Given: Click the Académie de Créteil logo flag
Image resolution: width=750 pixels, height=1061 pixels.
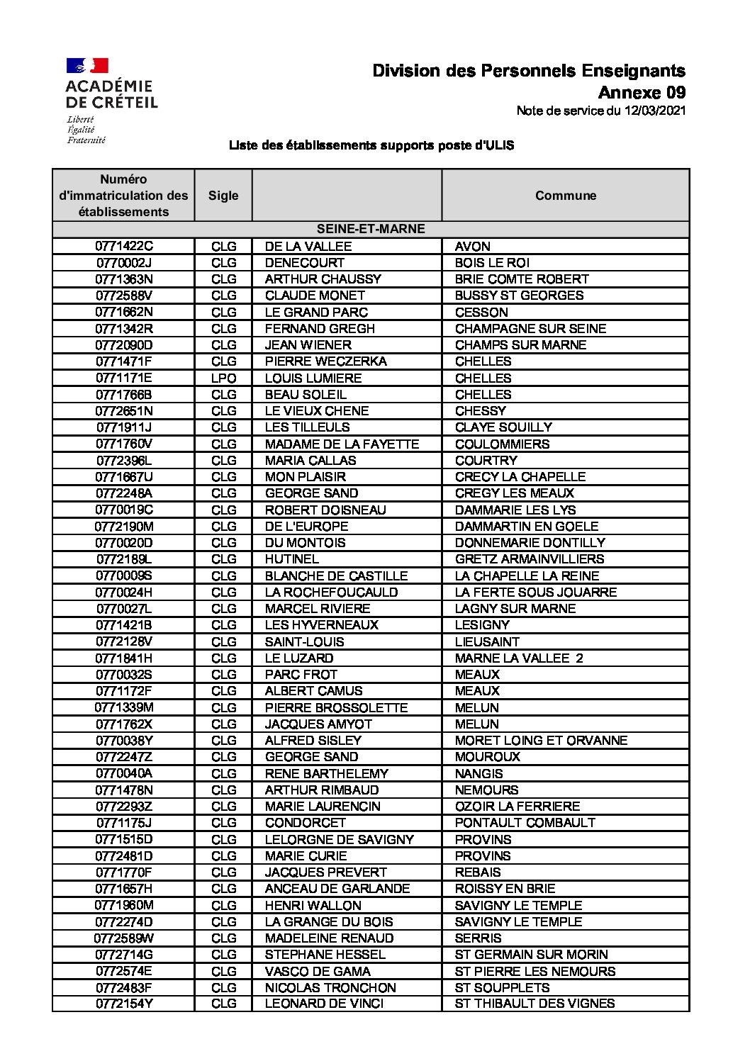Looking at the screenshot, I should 87,66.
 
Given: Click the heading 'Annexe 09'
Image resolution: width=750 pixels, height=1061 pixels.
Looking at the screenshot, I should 642,92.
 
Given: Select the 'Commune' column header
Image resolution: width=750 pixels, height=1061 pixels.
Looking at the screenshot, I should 565,196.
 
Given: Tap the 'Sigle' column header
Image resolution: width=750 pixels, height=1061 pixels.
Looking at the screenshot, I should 223,196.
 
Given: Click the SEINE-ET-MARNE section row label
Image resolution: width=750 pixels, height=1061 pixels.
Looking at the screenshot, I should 371,229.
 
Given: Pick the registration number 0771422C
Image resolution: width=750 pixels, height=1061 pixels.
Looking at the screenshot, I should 124,246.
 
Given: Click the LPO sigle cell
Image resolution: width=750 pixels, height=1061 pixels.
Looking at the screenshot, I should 223,378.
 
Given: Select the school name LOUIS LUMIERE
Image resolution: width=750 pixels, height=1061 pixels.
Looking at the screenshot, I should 313,378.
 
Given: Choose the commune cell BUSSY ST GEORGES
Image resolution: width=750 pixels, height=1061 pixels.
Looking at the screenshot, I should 519,296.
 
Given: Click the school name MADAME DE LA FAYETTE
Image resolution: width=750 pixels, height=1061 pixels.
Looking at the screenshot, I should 342,444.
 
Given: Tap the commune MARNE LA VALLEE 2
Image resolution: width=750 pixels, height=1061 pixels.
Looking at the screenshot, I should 519,658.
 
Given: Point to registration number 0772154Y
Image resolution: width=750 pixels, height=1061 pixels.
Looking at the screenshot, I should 124,1004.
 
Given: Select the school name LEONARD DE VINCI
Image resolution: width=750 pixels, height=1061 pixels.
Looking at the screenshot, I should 324,1004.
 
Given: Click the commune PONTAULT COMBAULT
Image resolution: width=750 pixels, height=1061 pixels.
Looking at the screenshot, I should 525,822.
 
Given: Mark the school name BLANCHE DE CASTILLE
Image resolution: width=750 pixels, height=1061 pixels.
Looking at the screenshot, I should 336,576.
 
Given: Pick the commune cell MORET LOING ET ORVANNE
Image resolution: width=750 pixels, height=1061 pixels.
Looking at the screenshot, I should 541,740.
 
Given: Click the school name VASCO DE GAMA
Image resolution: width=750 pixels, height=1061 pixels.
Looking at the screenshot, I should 318,971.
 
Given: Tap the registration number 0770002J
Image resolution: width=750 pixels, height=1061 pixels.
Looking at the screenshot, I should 124,262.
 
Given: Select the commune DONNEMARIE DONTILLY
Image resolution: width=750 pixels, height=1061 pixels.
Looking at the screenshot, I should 530,542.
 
